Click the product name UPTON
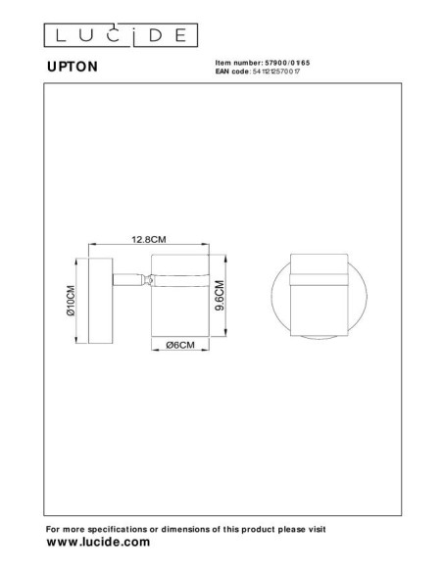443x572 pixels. point(71,69)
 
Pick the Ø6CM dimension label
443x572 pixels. point(180,346)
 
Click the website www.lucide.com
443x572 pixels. point(98,542)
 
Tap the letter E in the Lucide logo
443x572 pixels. point(179,36)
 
